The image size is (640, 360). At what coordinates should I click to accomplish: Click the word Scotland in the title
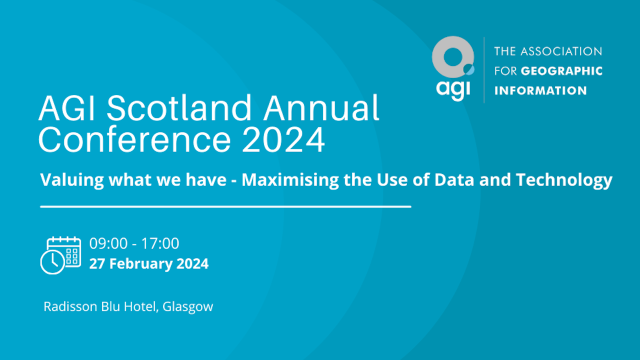coord(179,107)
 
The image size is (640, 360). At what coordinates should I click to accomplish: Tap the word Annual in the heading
coord(321,107)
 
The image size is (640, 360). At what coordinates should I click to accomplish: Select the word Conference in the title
coord(134,139)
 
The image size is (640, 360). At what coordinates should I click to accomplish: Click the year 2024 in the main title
coord(283,139)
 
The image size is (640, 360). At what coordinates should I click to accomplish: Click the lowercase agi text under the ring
coord(453,89)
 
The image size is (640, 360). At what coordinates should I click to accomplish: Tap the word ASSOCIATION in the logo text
coord(561,51)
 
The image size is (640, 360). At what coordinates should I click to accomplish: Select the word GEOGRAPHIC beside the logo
coord(561,71)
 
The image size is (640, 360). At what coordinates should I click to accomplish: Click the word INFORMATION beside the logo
coord(540,90)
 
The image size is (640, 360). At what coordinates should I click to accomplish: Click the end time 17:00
coord(160,243)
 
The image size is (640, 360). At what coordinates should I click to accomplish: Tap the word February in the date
coord(141,264)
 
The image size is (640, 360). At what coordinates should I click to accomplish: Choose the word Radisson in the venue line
coord(70,306)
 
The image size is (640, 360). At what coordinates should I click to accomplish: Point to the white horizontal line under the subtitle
coord(225,206)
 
